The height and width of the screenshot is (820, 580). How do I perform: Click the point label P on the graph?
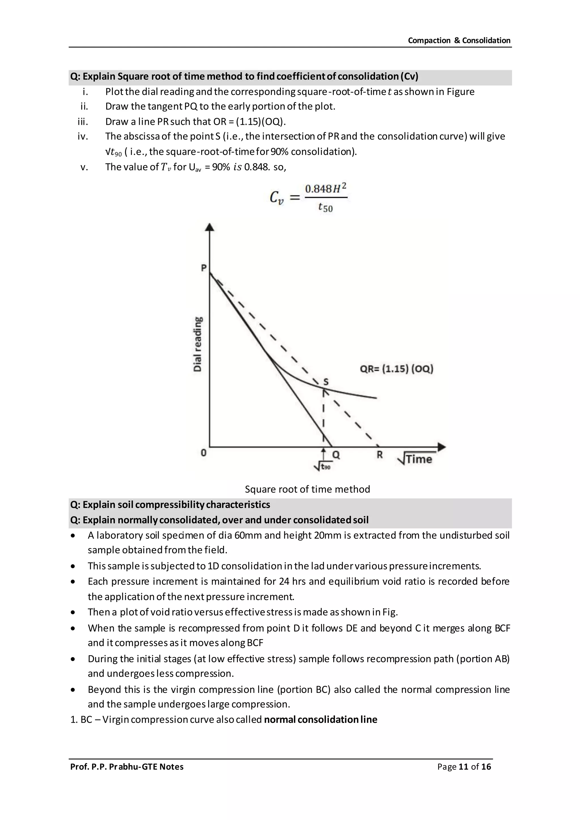coord(204,268)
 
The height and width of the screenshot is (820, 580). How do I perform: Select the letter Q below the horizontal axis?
coord(336,455)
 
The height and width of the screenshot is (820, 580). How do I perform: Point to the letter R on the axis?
coord(380,455)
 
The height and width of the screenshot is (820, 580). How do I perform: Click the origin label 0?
coord(203,453)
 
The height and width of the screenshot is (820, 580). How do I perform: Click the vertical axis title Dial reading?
coord(197,344)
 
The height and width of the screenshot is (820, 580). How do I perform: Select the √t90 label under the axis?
coord(322,466)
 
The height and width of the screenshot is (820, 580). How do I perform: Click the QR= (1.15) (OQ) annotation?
coord(396,369)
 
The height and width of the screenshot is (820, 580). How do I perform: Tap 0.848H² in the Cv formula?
coord(325,189)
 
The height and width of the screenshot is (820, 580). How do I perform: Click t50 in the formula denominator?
coord(325,207)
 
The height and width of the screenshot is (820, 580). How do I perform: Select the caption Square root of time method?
coord(307,489)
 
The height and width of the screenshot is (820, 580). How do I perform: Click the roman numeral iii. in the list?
coord(83,121)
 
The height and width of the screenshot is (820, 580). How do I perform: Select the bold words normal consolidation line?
coord(320,719)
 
